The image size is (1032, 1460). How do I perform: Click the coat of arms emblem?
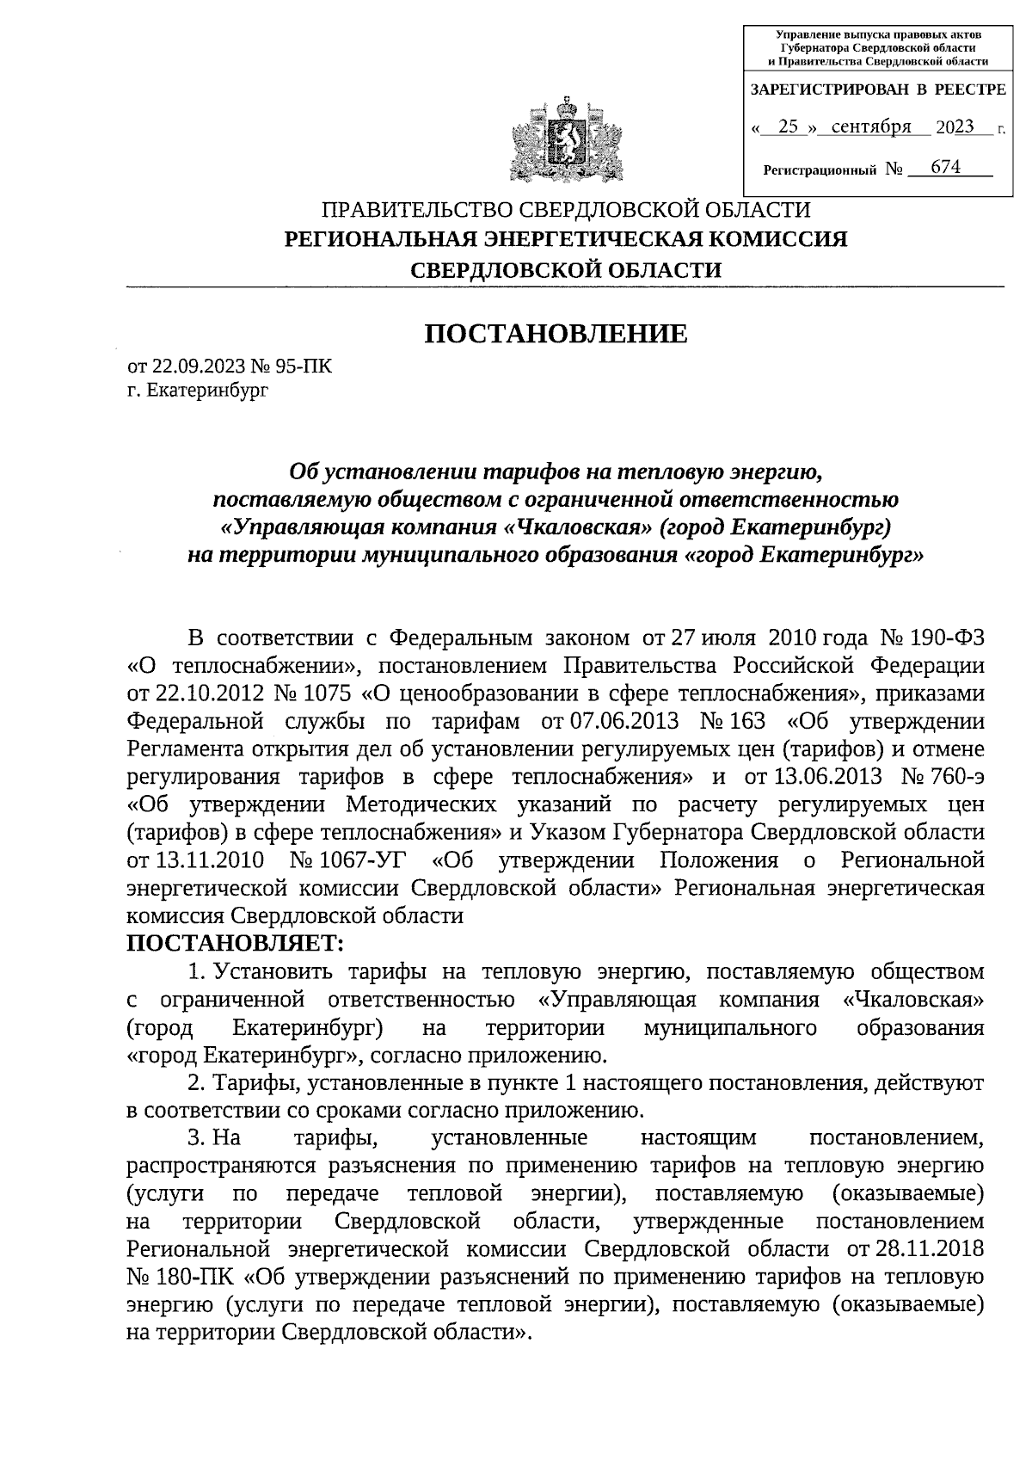[565, 141]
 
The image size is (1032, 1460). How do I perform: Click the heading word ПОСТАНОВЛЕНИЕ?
[556, 334]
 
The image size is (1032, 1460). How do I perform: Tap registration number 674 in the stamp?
[945, 167]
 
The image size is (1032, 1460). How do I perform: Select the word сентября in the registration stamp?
[871, 127]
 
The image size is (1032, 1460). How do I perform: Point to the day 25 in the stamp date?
[788, 127]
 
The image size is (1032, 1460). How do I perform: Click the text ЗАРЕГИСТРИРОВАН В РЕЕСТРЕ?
[878, 89]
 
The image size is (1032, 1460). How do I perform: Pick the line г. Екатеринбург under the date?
[197, 391]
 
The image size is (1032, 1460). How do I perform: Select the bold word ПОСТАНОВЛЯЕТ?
[235, 944]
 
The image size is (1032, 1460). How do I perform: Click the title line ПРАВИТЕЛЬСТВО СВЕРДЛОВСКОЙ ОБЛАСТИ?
[565, 210]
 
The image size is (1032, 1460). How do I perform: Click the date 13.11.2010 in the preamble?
[206, 860]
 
